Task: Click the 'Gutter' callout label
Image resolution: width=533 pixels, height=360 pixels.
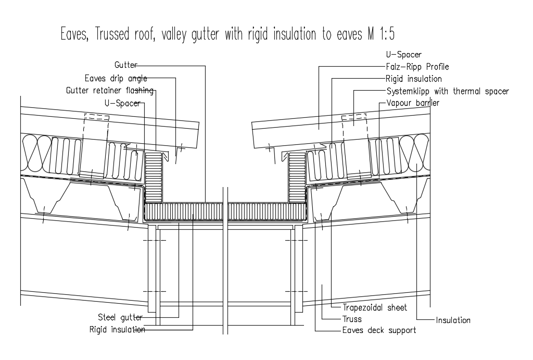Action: [x=126, y=65]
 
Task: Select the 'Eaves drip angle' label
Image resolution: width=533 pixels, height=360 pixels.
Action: [x=116, y=79]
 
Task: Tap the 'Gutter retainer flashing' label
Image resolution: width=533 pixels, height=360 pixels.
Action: [x=110, y=91]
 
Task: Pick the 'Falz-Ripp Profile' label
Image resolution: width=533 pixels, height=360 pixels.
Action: [x=417, y=67]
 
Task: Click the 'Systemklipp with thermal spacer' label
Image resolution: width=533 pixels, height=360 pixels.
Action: [x=448, y=91]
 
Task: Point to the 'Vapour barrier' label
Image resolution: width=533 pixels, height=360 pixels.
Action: [x=413, y=103]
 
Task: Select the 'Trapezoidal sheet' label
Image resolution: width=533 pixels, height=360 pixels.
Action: [x=375, y=307]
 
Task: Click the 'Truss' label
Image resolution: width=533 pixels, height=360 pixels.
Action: [x=352, y=319]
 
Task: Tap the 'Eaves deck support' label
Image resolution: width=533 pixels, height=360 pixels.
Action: [x=379, y=330]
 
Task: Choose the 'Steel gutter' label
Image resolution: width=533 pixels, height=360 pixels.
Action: [x=120, y=317]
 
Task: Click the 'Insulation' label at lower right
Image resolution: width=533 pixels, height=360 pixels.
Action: [x=453, y=320]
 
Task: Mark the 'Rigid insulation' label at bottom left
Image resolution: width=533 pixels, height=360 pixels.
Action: [x=117, y=330]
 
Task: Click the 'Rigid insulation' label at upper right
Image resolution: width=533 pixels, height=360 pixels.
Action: [x=414, y=79]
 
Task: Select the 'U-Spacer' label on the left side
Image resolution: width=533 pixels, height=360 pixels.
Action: [x=122, y=103]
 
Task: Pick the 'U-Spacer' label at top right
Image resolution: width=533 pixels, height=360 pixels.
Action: [x=403, y=54]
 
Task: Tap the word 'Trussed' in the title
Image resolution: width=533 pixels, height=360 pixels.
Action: [x=112, y=34]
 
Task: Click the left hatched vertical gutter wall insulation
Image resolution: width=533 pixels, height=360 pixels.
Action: [x=154, y=177]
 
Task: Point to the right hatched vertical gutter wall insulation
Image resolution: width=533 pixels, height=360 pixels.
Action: [x=297, y=177]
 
